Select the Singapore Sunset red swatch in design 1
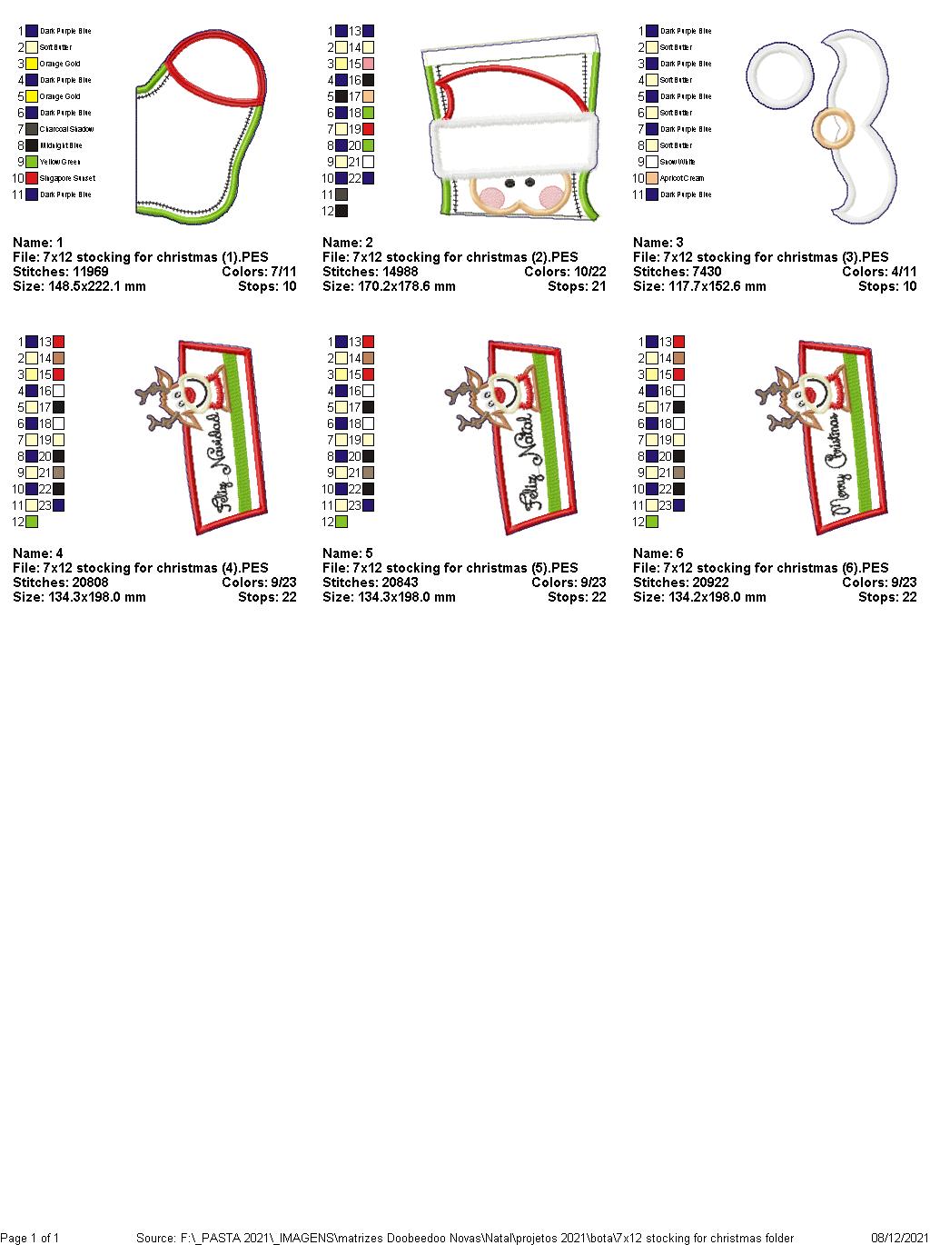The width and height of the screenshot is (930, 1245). point(32,178)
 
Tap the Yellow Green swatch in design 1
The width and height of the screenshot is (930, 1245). point(32,162)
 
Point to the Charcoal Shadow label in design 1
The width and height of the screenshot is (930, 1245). point(66,129)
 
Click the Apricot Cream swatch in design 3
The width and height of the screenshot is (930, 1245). point(652,178)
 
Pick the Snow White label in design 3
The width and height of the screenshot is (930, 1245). point(678,162)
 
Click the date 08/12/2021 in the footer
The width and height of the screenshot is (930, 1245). point(897,1238)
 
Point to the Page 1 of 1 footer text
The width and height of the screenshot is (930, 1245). point(30,1238)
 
